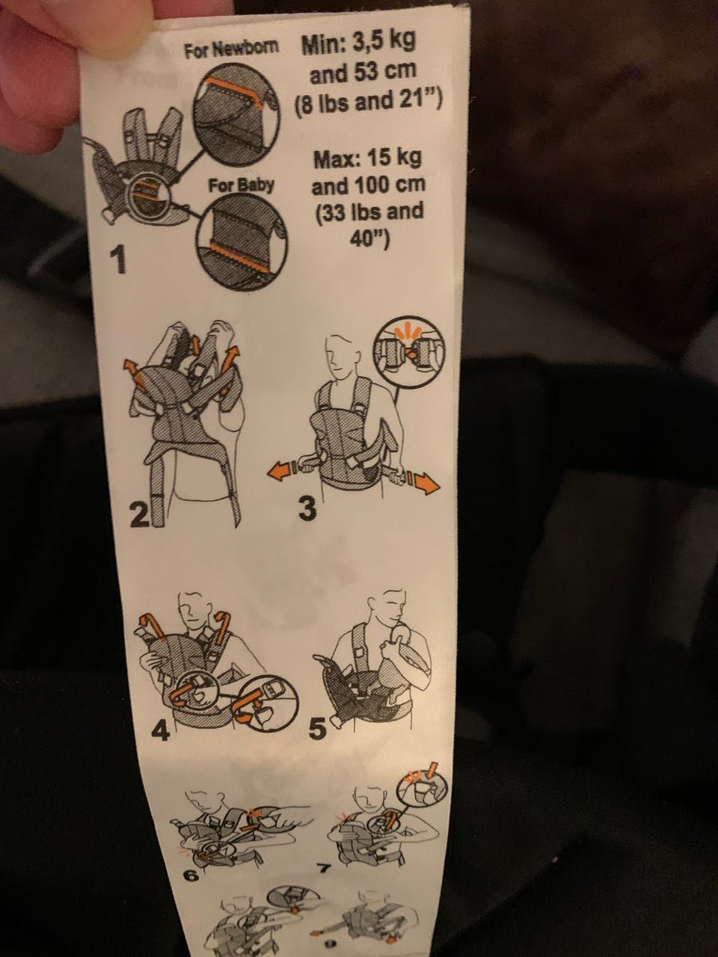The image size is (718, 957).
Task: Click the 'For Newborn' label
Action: point(232,49)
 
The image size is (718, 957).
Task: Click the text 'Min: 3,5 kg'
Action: point(358,43)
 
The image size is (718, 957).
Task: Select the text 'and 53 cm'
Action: point(363,72)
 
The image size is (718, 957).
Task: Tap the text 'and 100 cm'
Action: point(369,185)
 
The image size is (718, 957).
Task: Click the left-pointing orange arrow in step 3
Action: point(282,473)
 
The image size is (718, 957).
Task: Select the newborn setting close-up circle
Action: point(237,114)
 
